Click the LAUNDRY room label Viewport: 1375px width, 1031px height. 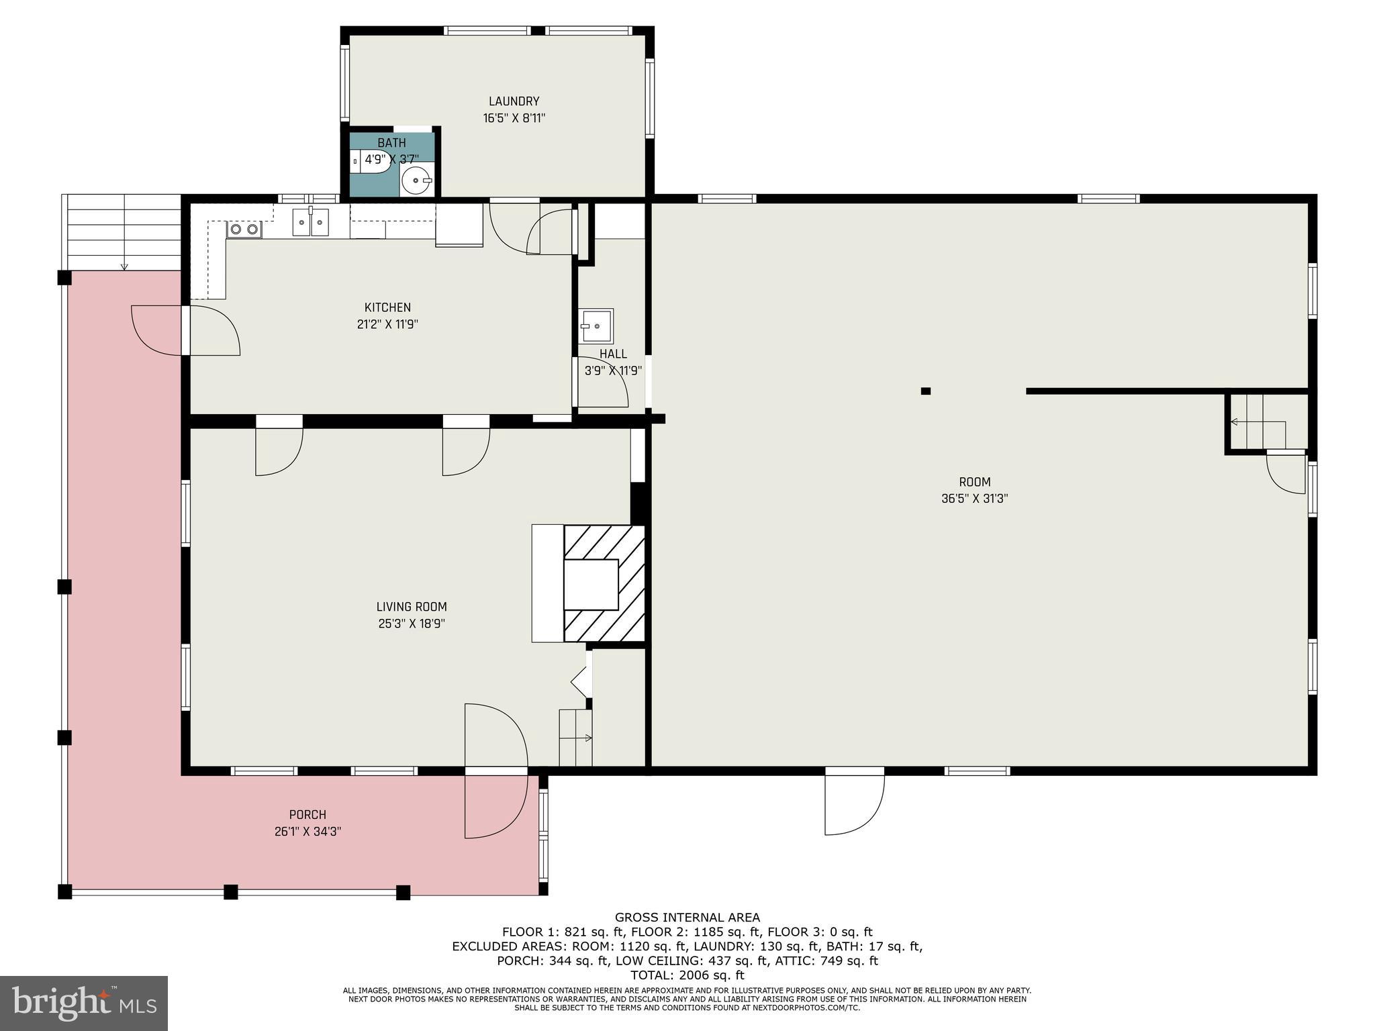click(x=514, y=101)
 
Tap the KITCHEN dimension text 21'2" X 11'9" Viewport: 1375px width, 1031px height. click(x=387, y=324)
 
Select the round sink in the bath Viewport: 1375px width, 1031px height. click(x=417, y=180)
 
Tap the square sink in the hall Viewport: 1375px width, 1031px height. click(x=596, y=326)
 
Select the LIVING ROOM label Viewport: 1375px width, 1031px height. click(x=412, y=607)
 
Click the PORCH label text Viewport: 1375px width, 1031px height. click(x=307, y=815)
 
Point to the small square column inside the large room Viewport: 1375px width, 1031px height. click(x=925, y=391)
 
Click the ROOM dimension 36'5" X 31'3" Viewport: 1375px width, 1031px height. click(x=974, y=499)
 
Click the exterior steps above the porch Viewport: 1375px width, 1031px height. click(x=124, y=232)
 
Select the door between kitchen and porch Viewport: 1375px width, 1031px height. click(x=186, y=330)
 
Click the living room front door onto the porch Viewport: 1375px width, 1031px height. click(x=495, y=772)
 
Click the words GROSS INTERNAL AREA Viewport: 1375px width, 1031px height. click(x=687, y=918)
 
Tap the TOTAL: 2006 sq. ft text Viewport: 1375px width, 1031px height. click(x=687, y=975)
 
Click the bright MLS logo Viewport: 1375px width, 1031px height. click(x=84, y=1003)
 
